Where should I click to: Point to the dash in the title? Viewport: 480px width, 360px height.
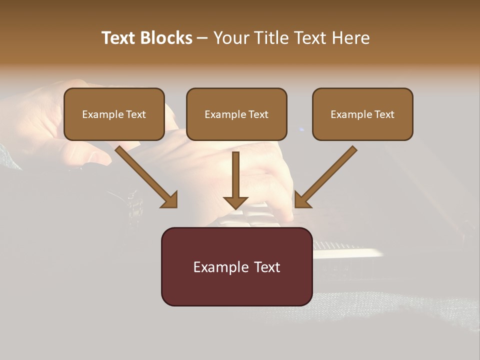[x=203, y=38]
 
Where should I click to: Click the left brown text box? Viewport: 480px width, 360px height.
[x=114, y=114]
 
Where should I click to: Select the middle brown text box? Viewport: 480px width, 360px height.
[x=236, y=114]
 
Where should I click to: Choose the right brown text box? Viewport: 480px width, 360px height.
[x=362, y=114]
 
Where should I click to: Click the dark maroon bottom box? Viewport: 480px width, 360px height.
[x=236, y=266]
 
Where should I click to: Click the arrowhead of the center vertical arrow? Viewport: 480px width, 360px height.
[x=235, y=202]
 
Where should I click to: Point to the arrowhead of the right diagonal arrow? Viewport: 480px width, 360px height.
[x=302, y=199]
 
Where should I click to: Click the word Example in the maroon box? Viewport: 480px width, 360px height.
[x=221, y=267]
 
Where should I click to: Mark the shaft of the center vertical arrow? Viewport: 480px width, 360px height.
[x=235, y=172]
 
